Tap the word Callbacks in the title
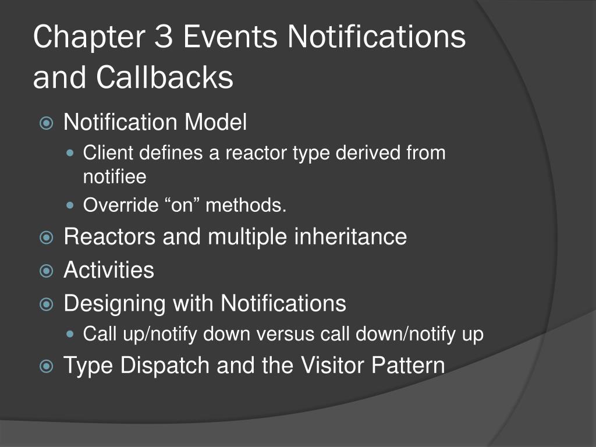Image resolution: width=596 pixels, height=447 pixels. pos(165,77)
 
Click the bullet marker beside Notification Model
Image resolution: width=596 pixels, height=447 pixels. pos(46,123)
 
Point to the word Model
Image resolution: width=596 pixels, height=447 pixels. pos(216,122)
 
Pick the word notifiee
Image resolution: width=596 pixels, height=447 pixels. pos(115,176)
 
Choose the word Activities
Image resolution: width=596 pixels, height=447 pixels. pos(109,270)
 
